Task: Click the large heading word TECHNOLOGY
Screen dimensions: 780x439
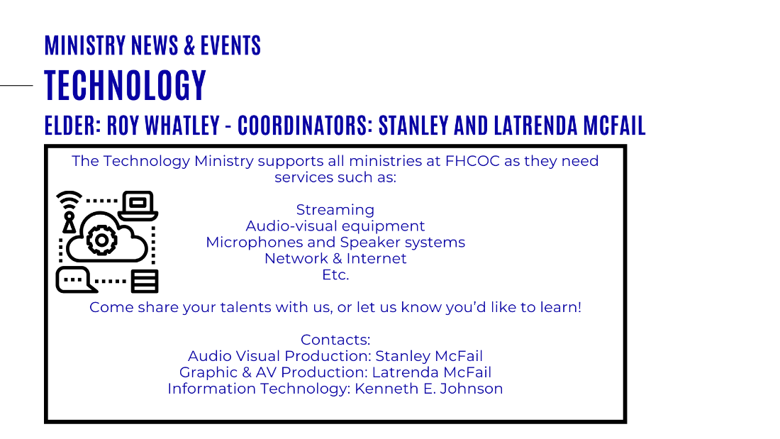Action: (125, 85)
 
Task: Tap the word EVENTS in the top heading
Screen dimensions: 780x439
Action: (230, 45)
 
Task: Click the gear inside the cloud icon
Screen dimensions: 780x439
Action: (102, 240)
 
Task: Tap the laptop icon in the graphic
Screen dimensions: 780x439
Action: (138, 206)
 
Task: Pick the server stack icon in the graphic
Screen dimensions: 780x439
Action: (145, 282)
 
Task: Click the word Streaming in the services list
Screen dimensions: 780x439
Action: (335, 210)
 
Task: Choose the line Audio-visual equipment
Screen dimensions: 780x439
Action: (335, 226)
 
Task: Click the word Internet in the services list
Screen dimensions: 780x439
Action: (377, 259)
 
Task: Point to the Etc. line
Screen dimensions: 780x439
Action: (336, 274)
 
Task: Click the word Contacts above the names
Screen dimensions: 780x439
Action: (335, 340)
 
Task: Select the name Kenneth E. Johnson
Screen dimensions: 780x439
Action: (429, 389)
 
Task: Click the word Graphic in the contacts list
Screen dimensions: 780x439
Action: (208, 373)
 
